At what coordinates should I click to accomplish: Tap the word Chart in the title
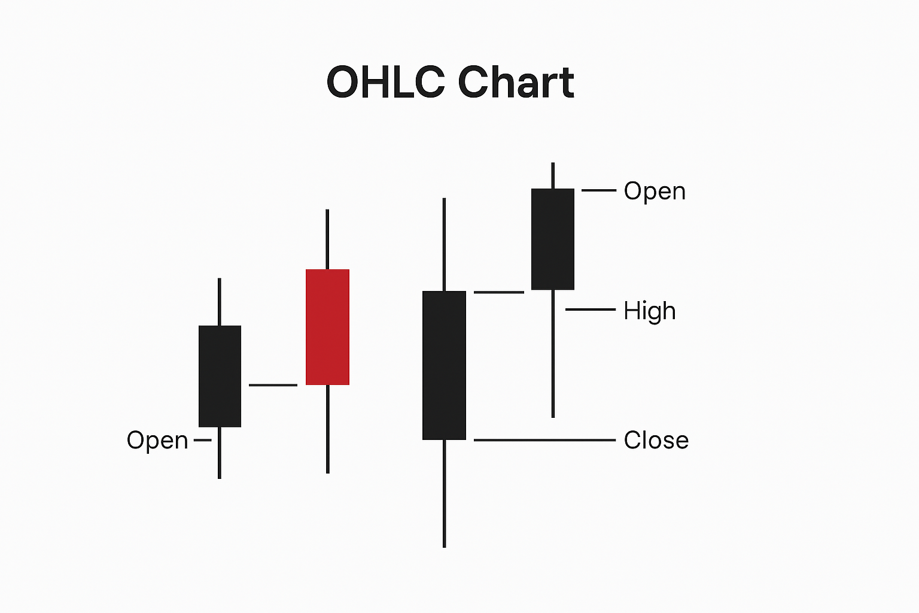pos(516,82)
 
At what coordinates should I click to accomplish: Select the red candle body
pos(327,327)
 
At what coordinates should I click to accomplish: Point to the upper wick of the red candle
pos(327,239)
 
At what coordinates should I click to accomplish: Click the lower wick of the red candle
pos(327,429)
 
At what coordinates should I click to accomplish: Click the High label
pos(649,311)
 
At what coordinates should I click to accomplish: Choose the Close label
pos(656,440)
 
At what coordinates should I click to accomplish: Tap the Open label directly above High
pos(655,192)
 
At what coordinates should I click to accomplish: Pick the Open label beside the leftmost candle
pos(157,440)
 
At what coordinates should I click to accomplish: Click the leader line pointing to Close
pos(544,440)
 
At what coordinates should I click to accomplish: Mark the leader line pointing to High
pos(590,309)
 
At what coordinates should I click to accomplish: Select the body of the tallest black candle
pos(444,365)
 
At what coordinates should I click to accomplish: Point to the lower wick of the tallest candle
pos(444,493)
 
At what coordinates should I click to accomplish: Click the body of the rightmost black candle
pos(552,239)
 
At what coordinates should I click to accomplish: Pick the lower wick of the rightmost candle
pos(552,353)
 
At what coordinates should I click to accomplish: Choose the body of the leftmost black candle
pos(220,376)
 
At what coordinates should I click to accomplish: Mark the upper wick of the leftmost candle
pos(220,302)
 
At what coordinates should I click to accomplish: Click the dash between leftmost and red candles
pos(273,385)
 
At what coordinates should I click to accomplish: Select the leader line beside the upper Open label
pos(598,190)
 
